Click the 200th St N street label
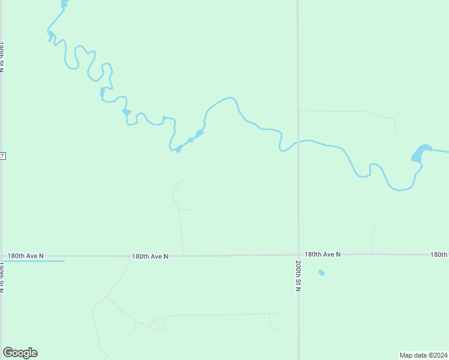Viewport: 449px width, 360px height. [298, 276]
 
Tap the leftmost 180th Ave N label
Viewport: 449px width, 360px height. [25, 256]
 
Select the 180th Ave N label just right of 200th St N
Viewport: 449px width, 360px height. [322, 254]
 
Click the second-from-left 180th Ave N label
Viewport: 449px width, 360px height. [150, 256]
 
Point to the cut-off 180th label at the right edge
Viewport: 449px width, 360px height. [439, 254]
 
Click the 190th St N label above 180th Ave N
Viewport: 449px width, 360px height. [2, 57]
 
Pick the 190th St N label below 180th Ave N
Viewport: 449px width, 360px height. [2, 277]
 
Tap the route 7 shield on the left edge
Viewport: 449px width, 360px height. [2, 156]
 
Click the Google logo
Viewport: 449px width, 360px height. [20, 353]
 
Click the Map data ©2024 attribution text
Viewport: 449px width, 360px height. [424, 355]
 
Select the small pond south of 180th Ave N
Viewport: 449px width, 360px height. [321, 272]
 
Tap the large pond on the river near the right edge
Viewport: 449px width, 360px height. [420, 153]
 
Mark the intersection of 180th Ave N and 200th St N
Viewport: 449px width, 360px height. [298, 255]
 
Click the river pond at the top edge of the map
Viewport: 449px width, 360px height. [64, 4]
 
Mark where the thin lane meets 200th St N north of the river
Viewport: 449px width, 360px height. [298, 111]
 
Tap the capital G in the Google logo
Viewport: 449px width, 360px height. [8, 353]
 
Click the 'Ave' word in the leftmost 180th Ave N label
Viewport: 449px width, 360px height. [26, 256]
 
